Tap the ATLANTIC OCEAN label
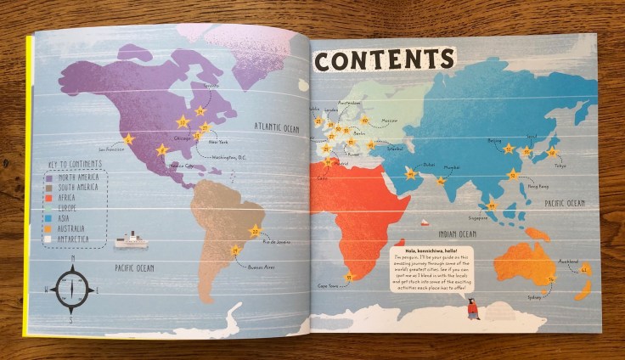(278, 127)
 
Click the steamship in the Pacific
(131, 240)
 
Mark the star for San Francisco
(127, 139)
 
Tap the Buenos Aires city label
(261, 267)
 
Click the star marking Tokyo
(552, 153)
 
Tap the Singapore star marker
(491, 205)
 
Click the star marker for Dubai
(410, 175)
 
